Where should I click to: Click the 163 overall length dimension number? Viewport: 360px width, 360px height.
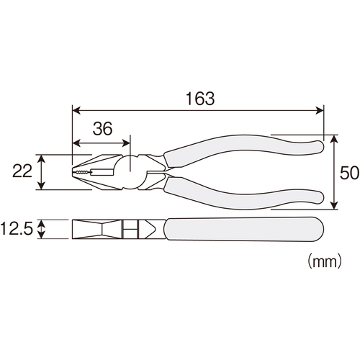click(x=200, y=99)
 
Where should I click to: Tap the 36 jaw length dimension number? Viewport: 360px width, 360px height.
click(x=102, y=128)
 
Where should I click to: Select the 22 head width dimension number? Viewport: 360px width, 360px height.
click(x=22, y=171)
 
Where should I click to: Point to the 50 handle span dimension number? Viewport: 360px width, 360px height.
click(x=349, y=173)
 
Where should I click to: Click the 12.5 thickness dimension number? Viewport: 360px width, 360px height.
click(x=17, y=228)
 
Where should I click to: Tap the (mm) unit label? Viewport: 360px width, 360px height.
click(x=325, y=261)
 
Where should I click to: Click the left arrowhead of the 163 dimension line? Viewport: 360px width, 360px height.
click(x=76, y=111)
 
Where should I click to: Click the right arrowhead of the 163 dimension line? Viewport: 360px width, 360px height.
click(x=320, y=111)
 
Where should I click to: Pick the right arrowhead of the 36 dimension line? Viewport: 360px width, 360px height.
click(x=126, y=143)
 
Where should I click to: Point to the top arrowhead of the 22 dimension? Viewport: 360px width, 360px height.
click(x=42, y=158)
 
